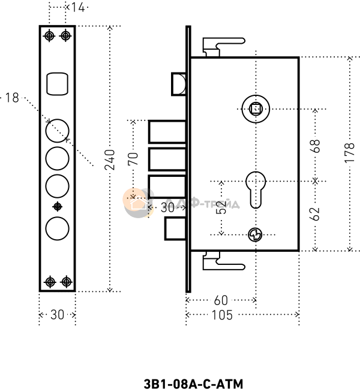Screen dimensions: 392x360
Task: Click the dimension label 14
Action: (77, 8)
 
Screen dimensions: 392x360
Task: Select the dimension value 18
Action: (12, 98)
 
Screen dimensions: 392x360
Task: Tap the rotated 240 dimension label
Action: (110, 160)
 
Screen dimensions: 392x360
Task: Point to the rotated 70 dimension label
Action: (133, 159)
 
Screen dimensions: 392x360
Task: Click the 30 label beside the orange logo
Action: (168, 208)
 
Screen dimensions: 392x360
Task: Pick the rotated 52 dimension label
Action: (221, 208)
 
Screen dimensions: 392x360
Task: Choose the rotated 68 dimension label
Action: (316, 146)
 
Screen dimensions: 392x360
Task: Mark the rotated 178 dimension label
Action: (350, 154)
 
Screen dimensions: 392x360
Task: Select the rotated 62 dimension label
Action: (315, 214)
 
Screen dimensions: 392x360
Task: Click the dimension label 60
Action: (221, 300)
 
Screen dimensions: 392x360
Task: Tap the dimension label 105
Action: (222, 315)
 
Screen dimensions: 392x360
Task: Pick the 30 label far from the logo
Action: (57, 315)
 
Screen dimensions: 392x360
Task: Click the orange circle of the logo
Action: (134, 200)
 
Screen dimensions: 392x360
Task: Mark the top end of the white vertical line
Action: (188, 29)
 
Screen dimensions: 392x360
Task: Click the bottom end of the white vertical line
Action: (188, 290)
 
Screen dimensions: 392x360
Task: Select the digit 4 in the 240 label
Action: (110, 160)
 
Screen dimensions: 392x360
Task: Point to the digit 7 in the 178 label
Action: (350, 154)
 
